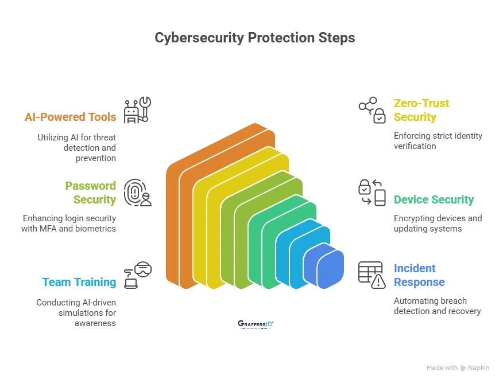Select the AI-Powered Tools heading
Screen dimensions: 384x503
tap(70, 117)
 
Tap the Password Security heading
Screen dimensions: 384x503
tap(90, 193)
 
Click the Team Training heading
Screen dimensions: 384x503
tap(79, 282)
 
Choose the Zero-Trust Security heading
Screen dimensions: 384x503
tap(421, 110)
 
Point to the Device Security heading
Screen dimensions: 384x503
tap(434, 199)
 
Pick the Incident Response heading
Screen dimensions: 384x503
tap(419, 275)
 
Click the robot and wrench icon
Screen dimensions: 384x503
tap(138, 110)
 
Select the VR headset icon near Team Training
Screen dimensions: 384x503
tap(138, 275)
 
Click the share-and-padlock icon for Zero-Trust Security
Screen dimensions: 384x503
tap(372, 110)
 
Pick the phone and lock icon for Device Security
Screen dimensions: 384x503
tap(372, 193)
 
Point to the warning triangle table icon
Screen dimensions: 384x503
tap(372, 275)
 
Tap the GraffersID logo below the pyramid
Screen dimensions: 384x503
tap(256, 324)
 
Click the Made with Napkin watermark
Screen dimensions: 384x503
tap(458, 367)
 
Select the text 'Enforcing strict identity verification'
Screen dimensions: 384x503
tap(438, 141)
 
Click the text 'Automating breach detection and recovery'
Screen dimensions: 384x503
tap(437, 306)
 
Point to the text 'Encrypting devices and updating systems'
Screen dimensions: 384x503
tap(438, 224)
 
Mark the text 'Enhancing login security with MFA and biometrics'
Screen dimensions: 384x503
tap(69, 224)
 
